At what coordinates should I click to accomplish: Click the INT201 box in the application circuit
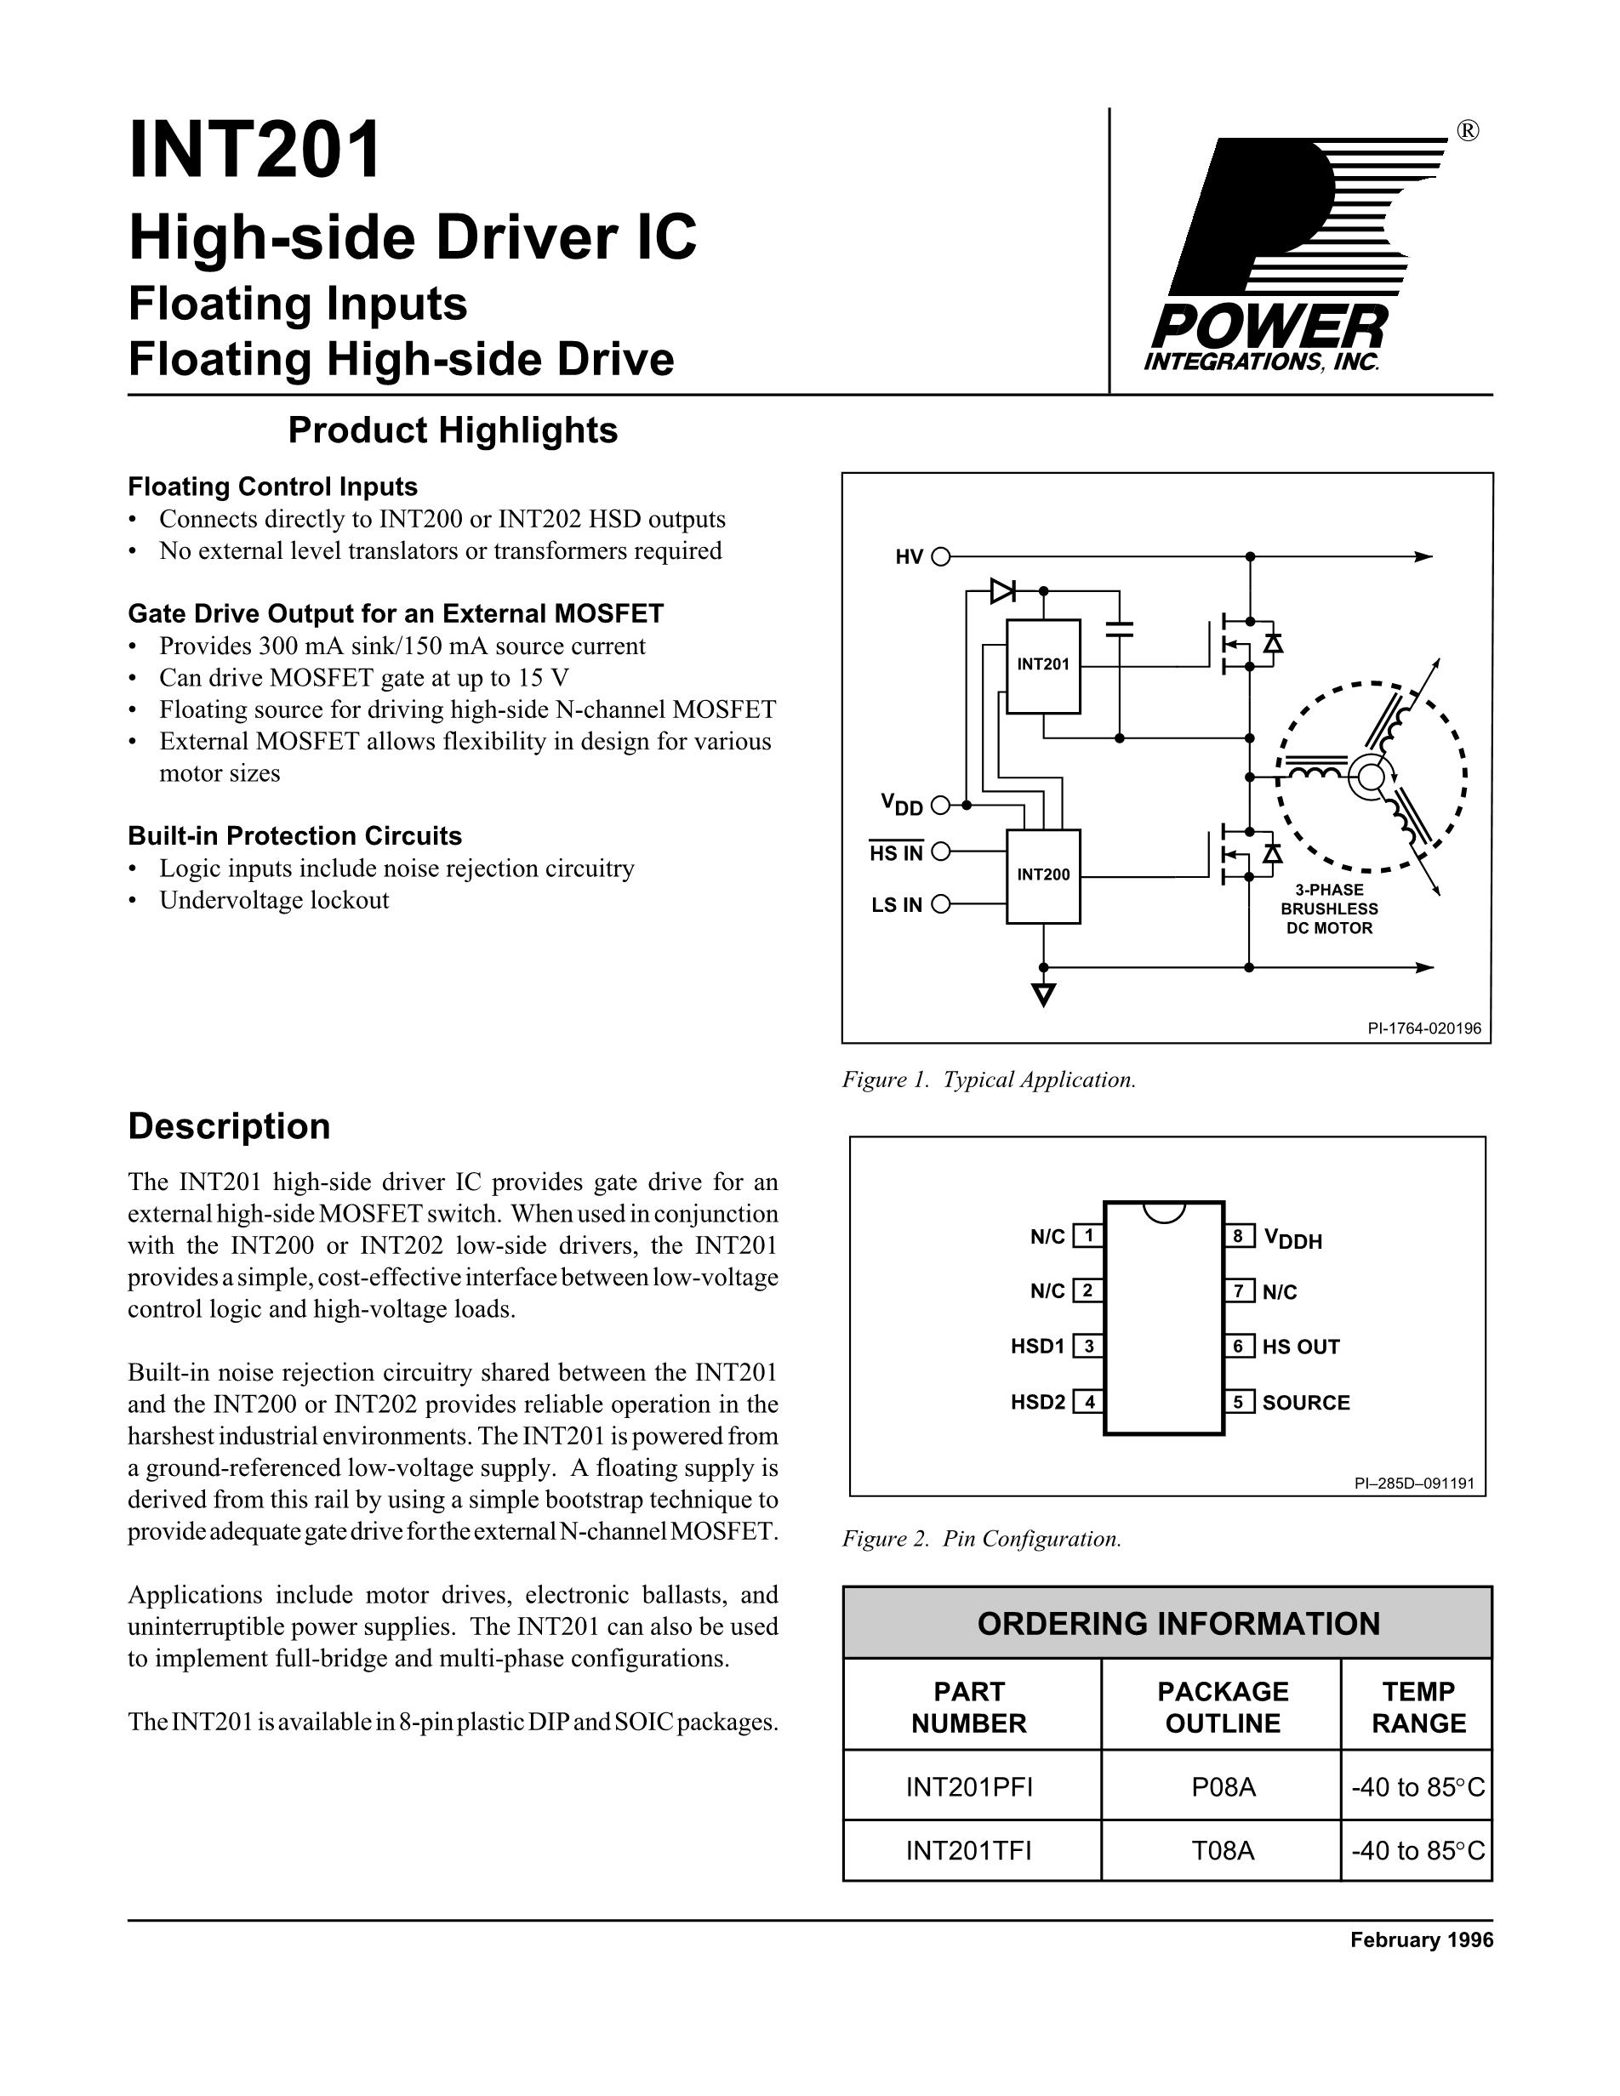pyautogui.click(x=1042, y=666)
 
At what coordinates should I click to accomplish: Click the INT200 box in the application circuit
pyautogui.click(x=1042, y=875)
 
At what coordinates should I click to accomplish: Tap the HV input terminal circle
pyautogui.click(x=940, y=556)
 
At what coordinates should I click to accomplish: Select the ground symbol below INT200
pyautogui.click(x=1043, y=994)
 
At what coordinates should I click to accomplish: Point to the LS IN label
pyautogui.click(x=897, y=905)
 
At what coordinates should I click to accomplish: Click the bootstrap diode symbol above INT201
pyautogui.click(x=1003, y=591)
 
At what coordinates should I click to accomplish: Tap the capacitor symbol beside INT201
pyautogui.click(x=1119, y=629)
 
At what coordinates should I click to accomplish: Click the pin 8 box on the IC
pyautogui.click(x=1238, y=1236)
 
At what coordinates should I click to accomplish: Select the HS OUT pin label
pyautogui.click(x=1300, y=1347)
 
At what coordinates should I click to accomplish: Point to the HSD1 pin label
pyautogui.click(x=1037, y=1347)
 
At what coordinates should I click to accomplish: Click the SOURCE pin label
pyautogui.click(x=1305, y=1402)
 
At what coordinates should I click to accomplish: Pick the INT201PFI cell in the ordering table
pyautogui.click(x=969, y=1787)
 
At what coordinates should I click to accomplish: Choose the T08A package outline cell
pyautogui.click(x=1223, y=1850)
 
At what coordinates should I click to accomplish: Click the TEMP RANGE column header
pyautogui.click(x=1417, y=1707)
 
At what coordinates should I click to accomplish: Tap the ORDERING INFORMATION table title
pyautogui.click(x=1178, y=1624)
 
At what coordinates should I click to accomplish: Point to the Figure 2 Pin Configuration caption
pyautogui.click(x=981, y=1540)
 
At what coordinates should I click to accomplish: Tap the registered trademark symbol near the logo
pyautogui.click(x=1468, y=132)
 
